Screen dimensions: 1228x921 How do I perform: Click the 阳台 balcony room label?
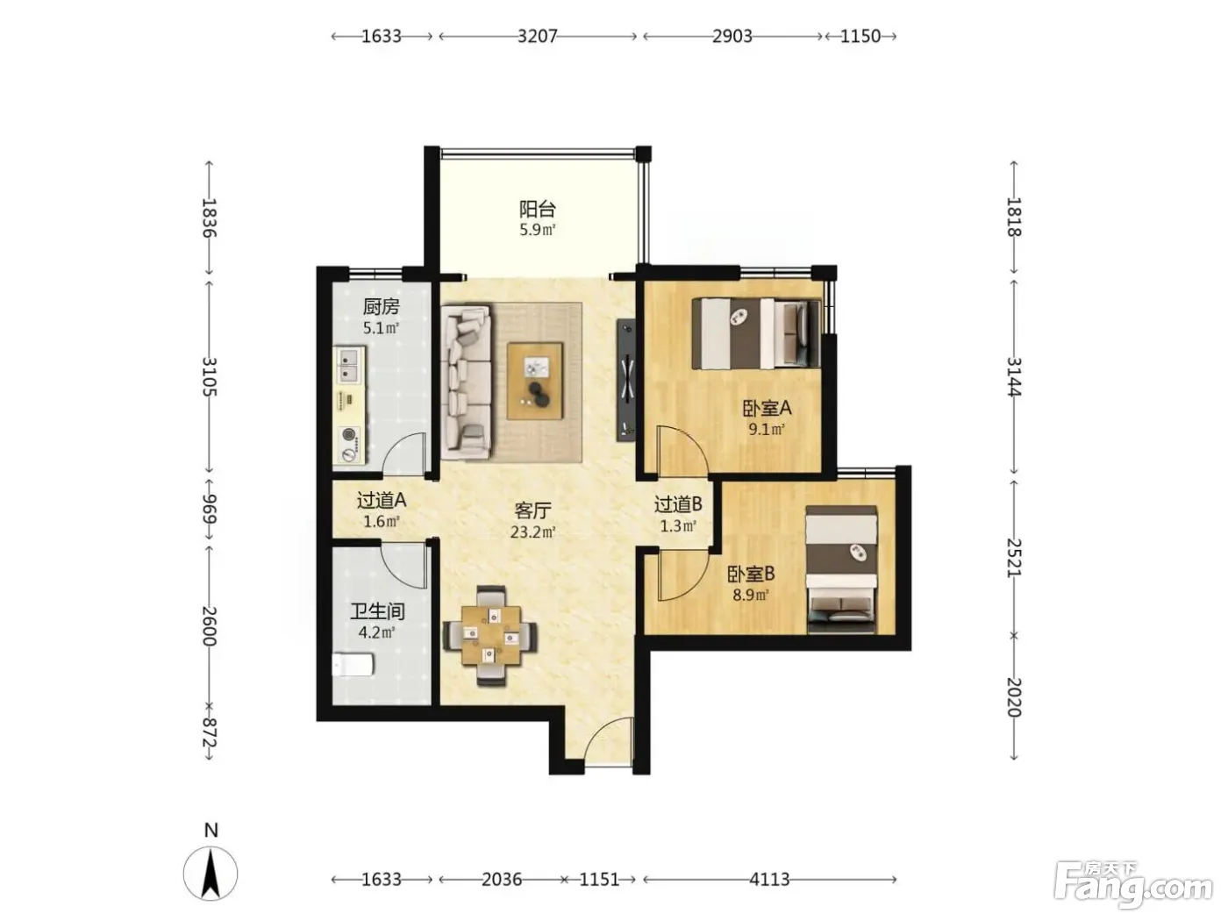pyautogui.click(x=537, y=209)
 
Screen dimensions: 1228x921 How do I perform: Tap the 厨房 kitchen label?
pyautogui.click(x=381, y=306)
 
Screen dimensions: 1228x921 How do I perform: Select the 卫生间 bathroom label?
pyautogui.click(x=378, y=611)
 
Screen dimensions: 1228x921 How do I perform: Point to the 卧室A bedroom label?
pyautogui.click(x=767, y=408)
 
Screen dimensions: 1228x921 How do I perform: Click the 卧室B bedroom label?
pyautogui.click(x=751, y=573)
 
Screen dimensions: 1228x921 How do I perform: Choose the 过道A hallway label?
pyautogui.click(x=382, y=499)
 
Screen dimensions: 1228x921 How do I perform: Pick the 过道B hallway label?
pyautogui.click(x=678, y=504)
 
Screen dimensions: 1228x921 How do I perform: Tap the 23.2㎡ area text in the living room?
pyautogui.click(x=532, y=532)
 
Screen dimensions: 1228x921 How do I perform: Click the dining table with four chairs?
pyautogui.click(x=490, y=636)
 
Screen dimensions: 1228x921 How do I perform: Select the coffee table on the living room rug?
pyautogui.click(x=535, y=381)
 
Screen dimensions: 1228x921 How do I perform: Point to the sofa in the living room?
pyautogui.click(x=466, y=382)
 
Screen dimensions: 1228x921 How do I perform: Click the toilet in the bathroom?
pyautogui.click(x=353, y=665)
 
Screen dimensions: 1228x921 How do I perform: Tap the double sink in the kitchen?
pyautogui.click(x=350, y=365)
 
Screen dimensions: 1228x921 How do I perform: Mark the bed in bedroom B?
pyautogui.click(x=841, y=569)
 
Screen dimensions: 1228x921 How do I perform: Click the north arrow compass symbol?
pyautogui.click(x=211, y=873)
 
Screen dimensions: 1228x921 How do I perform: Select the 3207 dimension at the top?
pyautogui.click(x=538, y=36)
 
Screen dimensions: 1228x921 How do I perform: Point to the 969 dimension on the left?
pyautogui.click(x=210, y=509)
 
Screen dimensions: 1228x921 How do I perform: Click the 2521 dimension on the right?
pyautogui.click(x=1014, y=558)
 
